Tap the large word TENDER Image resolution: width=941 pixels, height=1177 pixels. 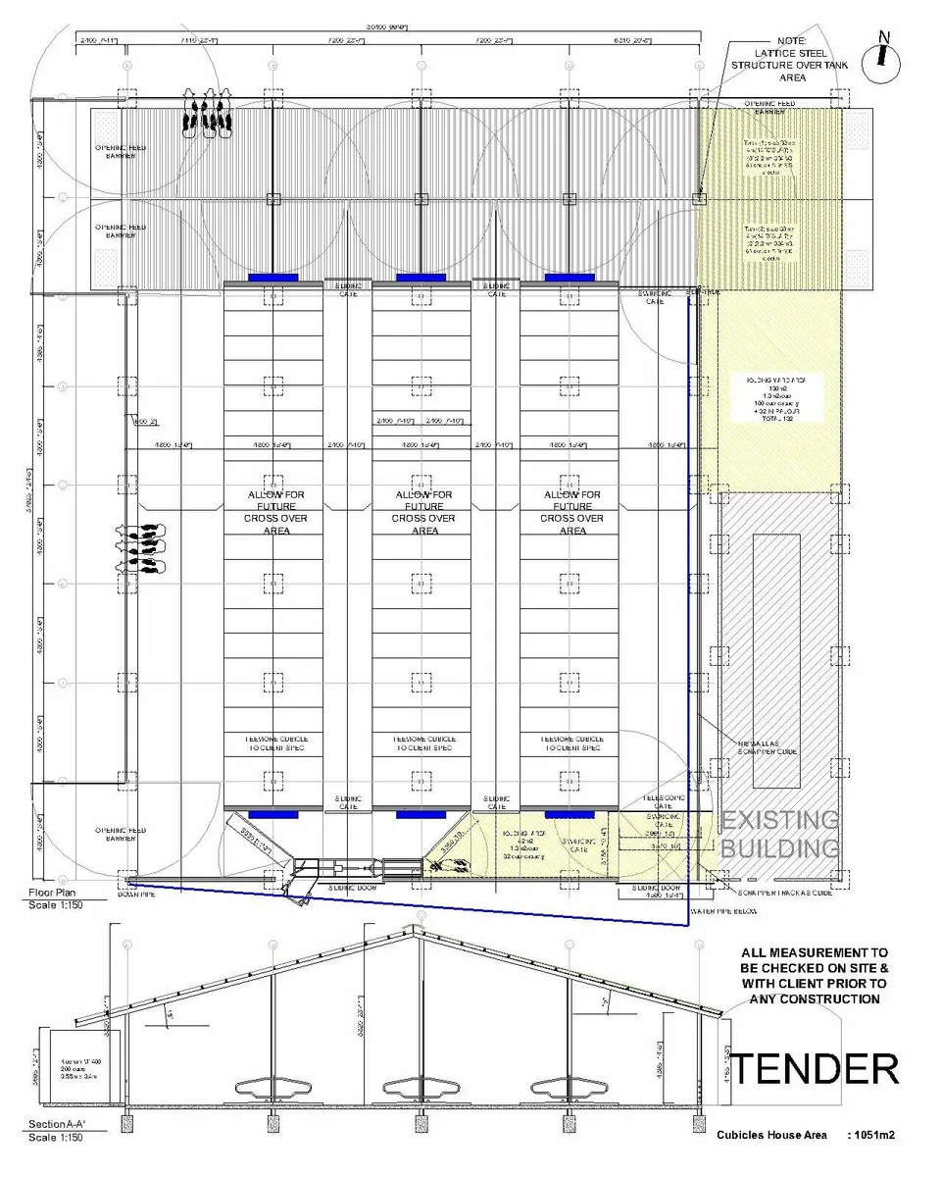tap(816, 1068)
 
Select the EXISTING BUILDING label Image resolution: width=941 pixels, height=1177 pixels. tap(780, 834)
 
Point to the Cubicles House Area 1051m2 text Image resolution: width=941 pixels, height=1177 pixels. tap(807, 1135)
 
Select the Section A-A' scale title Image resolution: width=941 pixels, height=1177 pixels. tap(56, 1130)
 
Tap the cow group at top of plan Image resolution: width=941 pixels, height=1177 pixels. tap(207, 110)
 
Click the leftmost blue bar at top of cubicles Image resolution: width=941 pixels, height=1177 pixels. tap(272, 278)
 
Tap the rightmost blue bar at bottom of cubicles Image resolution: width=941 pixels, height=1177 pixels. tap(569, 815)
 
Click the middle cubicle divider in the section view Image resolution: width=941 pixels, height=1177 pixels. tap(420, 1089)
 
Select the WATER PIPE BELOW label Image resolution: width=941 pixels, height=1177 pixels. tap(727, 911)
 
